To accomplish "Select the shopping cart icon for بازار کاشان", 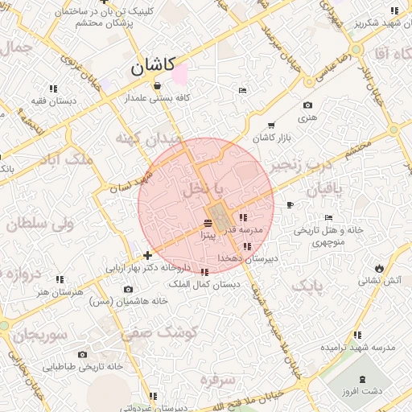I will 270,125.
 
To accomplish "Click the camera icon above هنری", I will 307,105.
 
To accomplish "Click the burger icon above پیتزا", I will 208,222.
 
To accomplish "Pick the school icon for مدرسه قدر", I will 243,217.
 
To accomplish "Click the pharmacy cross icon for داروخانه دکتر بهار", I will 147,255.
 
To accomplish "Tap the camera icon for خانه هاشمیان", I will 128,289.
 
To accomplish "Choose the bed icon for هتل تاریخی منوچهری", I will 328,218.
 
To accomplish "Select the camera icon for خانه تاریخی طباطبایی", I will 82,354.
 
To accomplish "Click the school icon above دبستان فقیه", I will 53,89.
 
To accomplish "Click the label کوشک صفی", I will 150,332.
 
